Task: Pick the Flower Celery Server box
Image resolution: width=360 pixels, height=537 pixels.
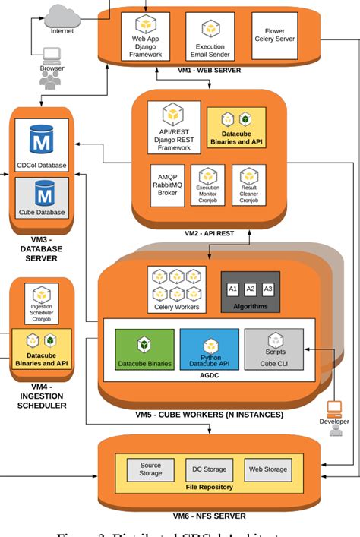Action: pyautogui.click(x=274, y=35)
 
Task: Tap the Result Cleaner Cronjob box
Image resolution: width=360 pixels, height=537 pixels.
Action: pyautogui.click(x=248, y=185)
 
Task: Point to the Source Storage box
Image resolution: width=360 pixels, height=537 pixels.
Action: pyautogui.click(x=150, y=469)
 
